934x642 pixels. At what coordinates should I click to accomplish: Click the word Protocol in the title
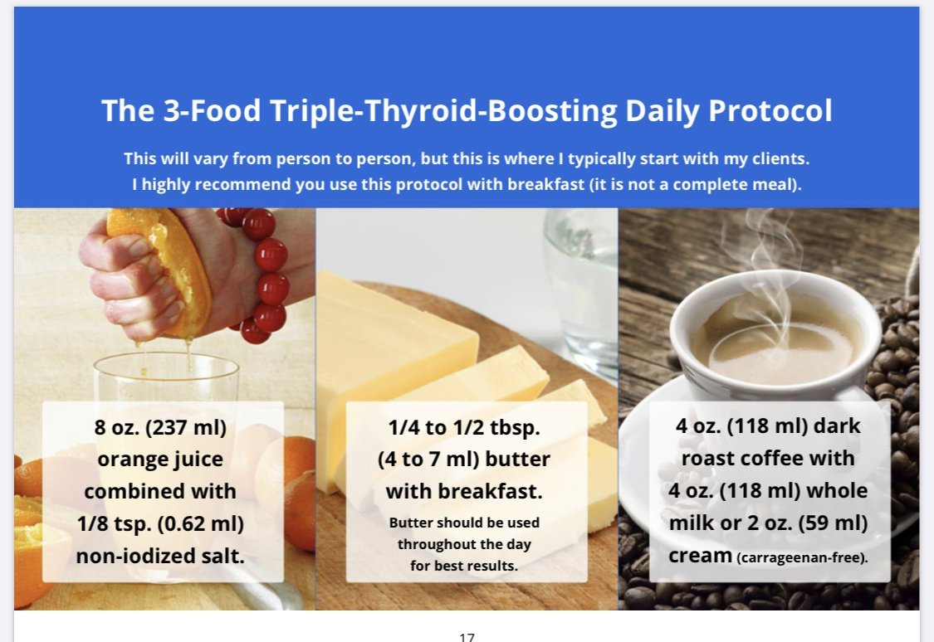[x=770, y=110]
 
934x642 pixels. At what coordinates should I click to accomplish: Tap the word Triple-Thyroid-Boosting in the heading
[x=443, y=110]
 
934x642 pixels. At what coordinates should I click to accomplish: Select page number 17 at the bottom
[x=467, y=637]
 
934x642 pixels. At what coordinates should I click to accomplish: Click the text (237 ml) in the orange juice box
[x=186, y=427]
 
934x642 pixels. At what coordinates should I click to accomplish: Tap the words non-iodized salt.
[x=160, y=556]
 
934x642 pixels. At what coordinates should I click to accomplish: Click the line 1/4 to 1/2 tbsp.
[x=464, y=427]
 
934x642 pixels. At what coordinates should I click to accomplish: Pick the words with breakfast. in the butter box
[x=464, y=492]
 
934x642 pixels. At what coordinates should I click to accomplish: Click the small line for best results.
[x=464, y=566]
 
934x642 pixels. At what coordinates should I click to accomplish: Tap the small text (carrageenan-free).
[x=802, y=557]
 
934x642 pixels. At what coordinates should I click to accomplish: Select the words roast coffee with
[x=768, y=458]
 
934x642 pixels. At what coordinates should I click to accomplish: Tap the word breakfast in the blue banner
[x=545, y=184]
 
